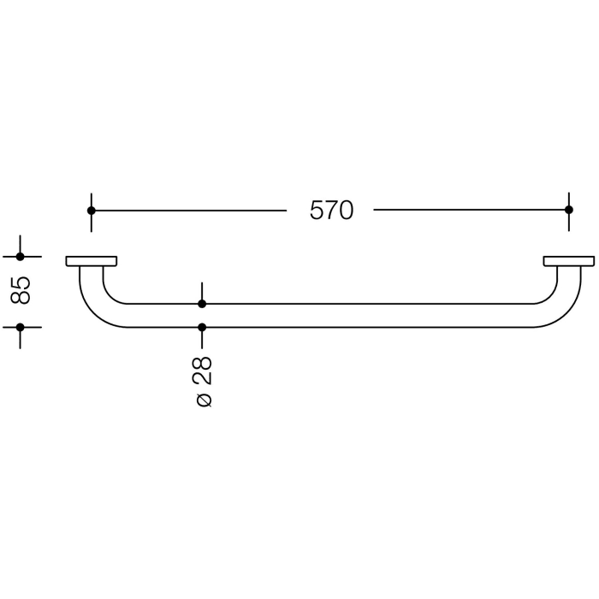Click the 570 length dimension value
[x=331, y=211]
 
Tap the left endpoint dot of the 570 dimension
[x=92, y=211]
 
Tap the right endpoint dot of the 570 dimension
[x=568, y=211]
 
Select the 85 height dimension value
[x=21, y=291]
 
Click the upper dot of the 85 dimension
[x=21, y=257]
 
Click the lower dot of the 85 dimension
[x=21, y=327]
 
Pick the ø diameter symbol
[x=203, y=400]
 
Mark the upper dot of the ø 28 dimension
[x=202, y=304]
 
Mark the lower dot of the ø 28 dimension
[x=202, y=327]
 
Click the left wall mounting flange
[x=92, y=261]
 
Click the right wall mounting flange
[x=568, y=261]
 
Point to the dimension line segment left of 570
[x=188, y=211]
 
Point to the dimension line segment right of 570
[x=471, y=211]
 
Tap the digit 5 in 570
[x=317, y=211]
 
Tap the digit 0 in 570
[x=346, y=211]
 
